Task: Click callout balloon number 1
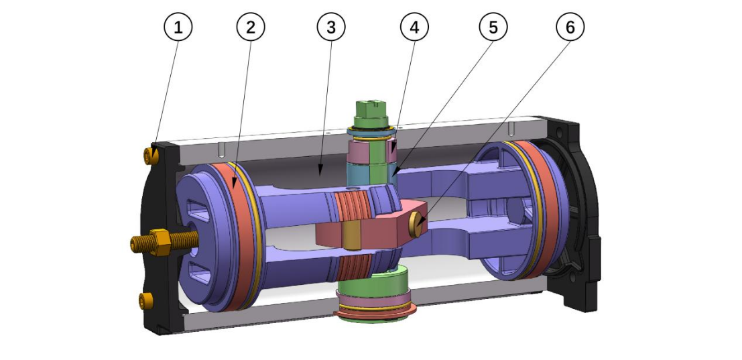pos(178,27)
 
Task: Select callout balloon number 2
pos(251,27)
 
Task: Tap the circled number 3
pos(331,27)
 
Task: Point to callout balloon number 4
pos(414,27)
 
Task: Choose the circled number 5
pos(493,27)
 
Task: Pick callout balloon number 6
pos(570,27)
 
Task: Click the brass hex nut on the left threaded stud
pos(161,241)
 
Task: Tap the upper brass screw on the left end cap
pos(149,157)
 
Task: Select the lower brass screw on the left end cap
pos(142,299)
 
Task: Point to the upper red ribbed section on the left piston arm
pos(356,202)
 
